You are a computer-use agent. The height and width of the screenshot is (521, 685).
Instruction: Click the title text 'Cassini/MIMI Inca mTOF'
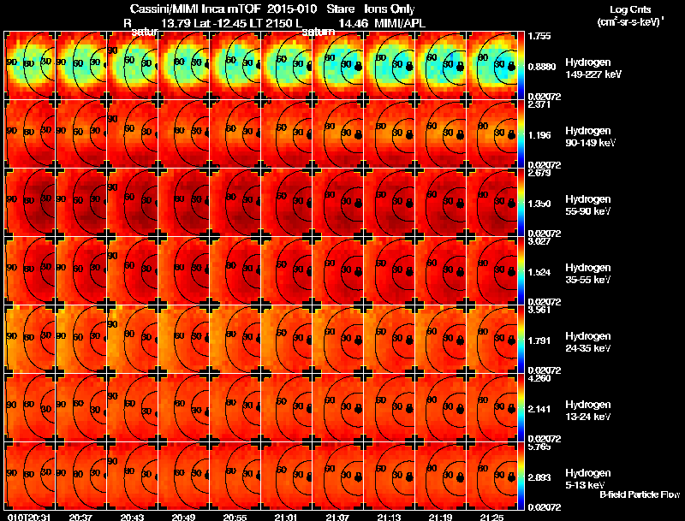click(x=185, y=9)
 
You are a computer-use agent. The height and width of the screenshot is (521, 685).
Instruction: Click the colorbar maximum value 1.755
click(x=539, y=36)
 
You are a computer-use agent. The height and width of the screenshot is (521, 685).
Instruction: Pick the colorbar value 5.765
click(x=539, y=447)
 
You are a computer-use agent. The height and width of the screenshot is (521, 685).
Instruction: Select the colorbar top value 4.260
click(x=539, y=378)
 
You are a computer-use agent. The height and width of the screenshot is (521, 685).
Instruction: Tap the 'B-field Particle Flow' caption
click(x=640, y=494)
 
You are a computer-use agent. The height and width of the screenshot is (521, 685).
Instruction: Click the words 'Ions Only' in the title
click(x=387, y=9)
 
